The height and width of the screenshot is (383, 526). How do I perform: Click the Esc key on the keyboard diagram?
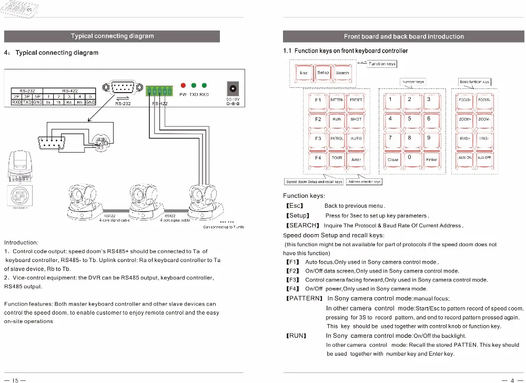[304, 73]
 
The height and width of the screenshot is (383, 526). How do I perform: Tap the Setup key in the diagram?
[323, 73]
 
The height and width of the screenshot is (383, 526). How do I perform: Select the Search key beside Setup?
[342, 73]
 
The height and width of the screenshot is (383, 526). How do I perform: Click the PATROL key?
[337, 139]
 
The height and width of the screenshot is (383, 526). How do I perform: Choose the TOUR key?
[337, 158]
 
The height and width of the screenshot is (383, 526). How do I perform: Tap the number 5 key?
[409, 119]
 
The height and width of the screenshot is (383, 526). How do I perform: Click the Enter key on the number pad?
[431, 158]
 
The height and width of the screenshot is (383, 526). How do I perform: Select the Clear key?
[393, 158]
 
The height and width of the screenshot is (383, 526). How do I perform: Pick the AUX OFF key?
[484, 158]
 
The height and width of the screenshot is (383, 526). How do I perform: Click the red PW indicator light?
[183, 86]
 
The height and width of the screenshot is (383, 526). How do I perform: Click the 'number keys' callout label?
[413, 82]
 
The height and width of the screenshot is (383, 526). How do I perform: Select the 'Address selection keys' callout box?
[364, 182]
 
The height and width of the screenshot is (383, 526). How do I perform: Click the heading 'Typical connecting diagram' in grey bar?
[112, 36]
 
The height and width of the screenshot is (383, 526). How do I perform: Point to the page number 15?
[15, 379]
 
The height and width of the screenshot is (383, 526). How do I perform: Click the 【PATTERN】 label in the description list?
[303, 298]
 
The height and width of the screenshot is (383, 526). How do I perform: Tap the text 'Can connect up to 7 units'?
[224, 227]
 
